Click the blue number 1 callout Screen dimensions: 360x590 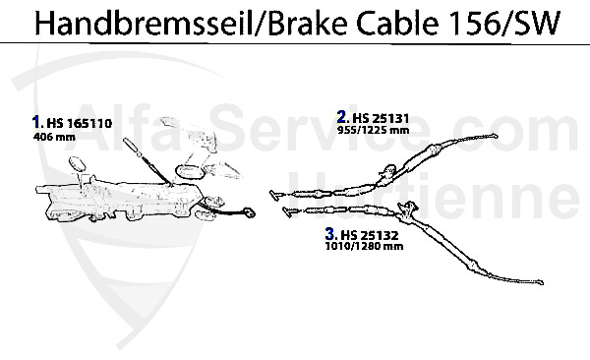pos(36,123)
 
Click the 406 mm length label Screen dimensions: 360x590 pos(51,139)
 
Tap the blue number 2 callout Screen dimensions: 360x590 pos(340,115)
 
